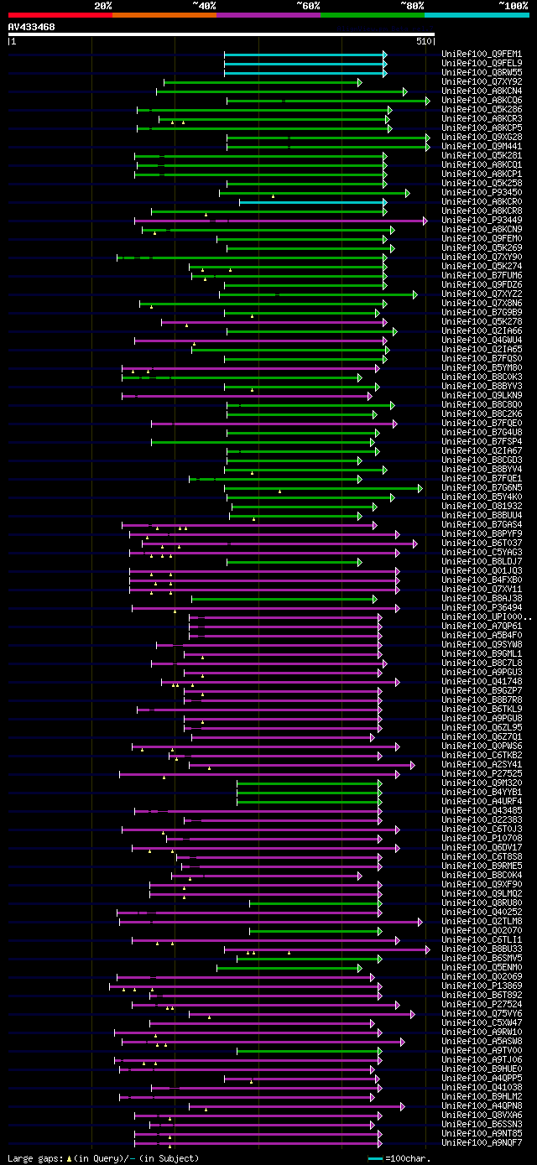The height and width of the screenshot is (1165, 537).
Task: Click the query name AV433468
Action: [32, 27]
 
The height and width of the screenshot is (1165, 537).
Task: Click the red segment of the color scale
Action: [60, 14]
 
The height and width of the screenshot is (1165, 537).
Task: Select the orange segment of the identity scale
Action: [164, 14]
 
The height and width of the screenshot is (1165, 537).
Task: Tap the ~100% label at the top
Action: [513, 5]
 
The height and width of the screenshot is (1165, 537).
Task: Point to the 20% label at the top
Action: [103, 5]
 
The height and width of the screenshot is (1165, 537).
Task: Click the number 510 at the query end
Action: [422, 40]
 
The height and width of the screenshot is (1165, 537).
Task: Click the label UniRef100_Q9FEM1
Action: [470, 55]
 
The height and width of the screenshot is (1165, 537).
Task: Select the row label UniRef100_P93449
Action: [470, 221]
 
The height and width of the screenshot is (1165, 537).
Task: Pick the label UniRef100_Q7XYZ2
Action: [470, 294]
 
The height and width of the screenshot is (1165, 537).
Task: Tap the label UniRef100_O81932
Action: [470, 507]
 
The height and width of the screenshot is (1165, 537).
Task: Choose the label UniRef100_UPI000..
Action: [472, 617]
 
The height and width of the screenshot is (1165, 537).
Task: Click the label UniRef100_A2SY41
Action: [470, 765]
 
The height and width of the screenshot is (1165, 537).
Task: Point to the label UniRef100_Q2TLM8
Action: [470, 922]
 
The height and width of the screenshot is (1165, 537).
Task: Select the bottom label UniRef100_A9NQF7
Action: [470, 1143]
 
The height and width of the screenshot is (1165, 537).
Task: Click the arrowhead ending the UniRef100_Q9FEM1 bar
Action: [385, 55]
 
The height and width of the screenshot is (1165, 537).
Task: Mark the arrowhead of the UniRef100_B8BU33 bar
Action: [427, 949]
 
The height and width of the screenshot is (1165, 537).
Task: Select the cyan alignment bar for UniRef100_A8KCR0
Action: [310, 202]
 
